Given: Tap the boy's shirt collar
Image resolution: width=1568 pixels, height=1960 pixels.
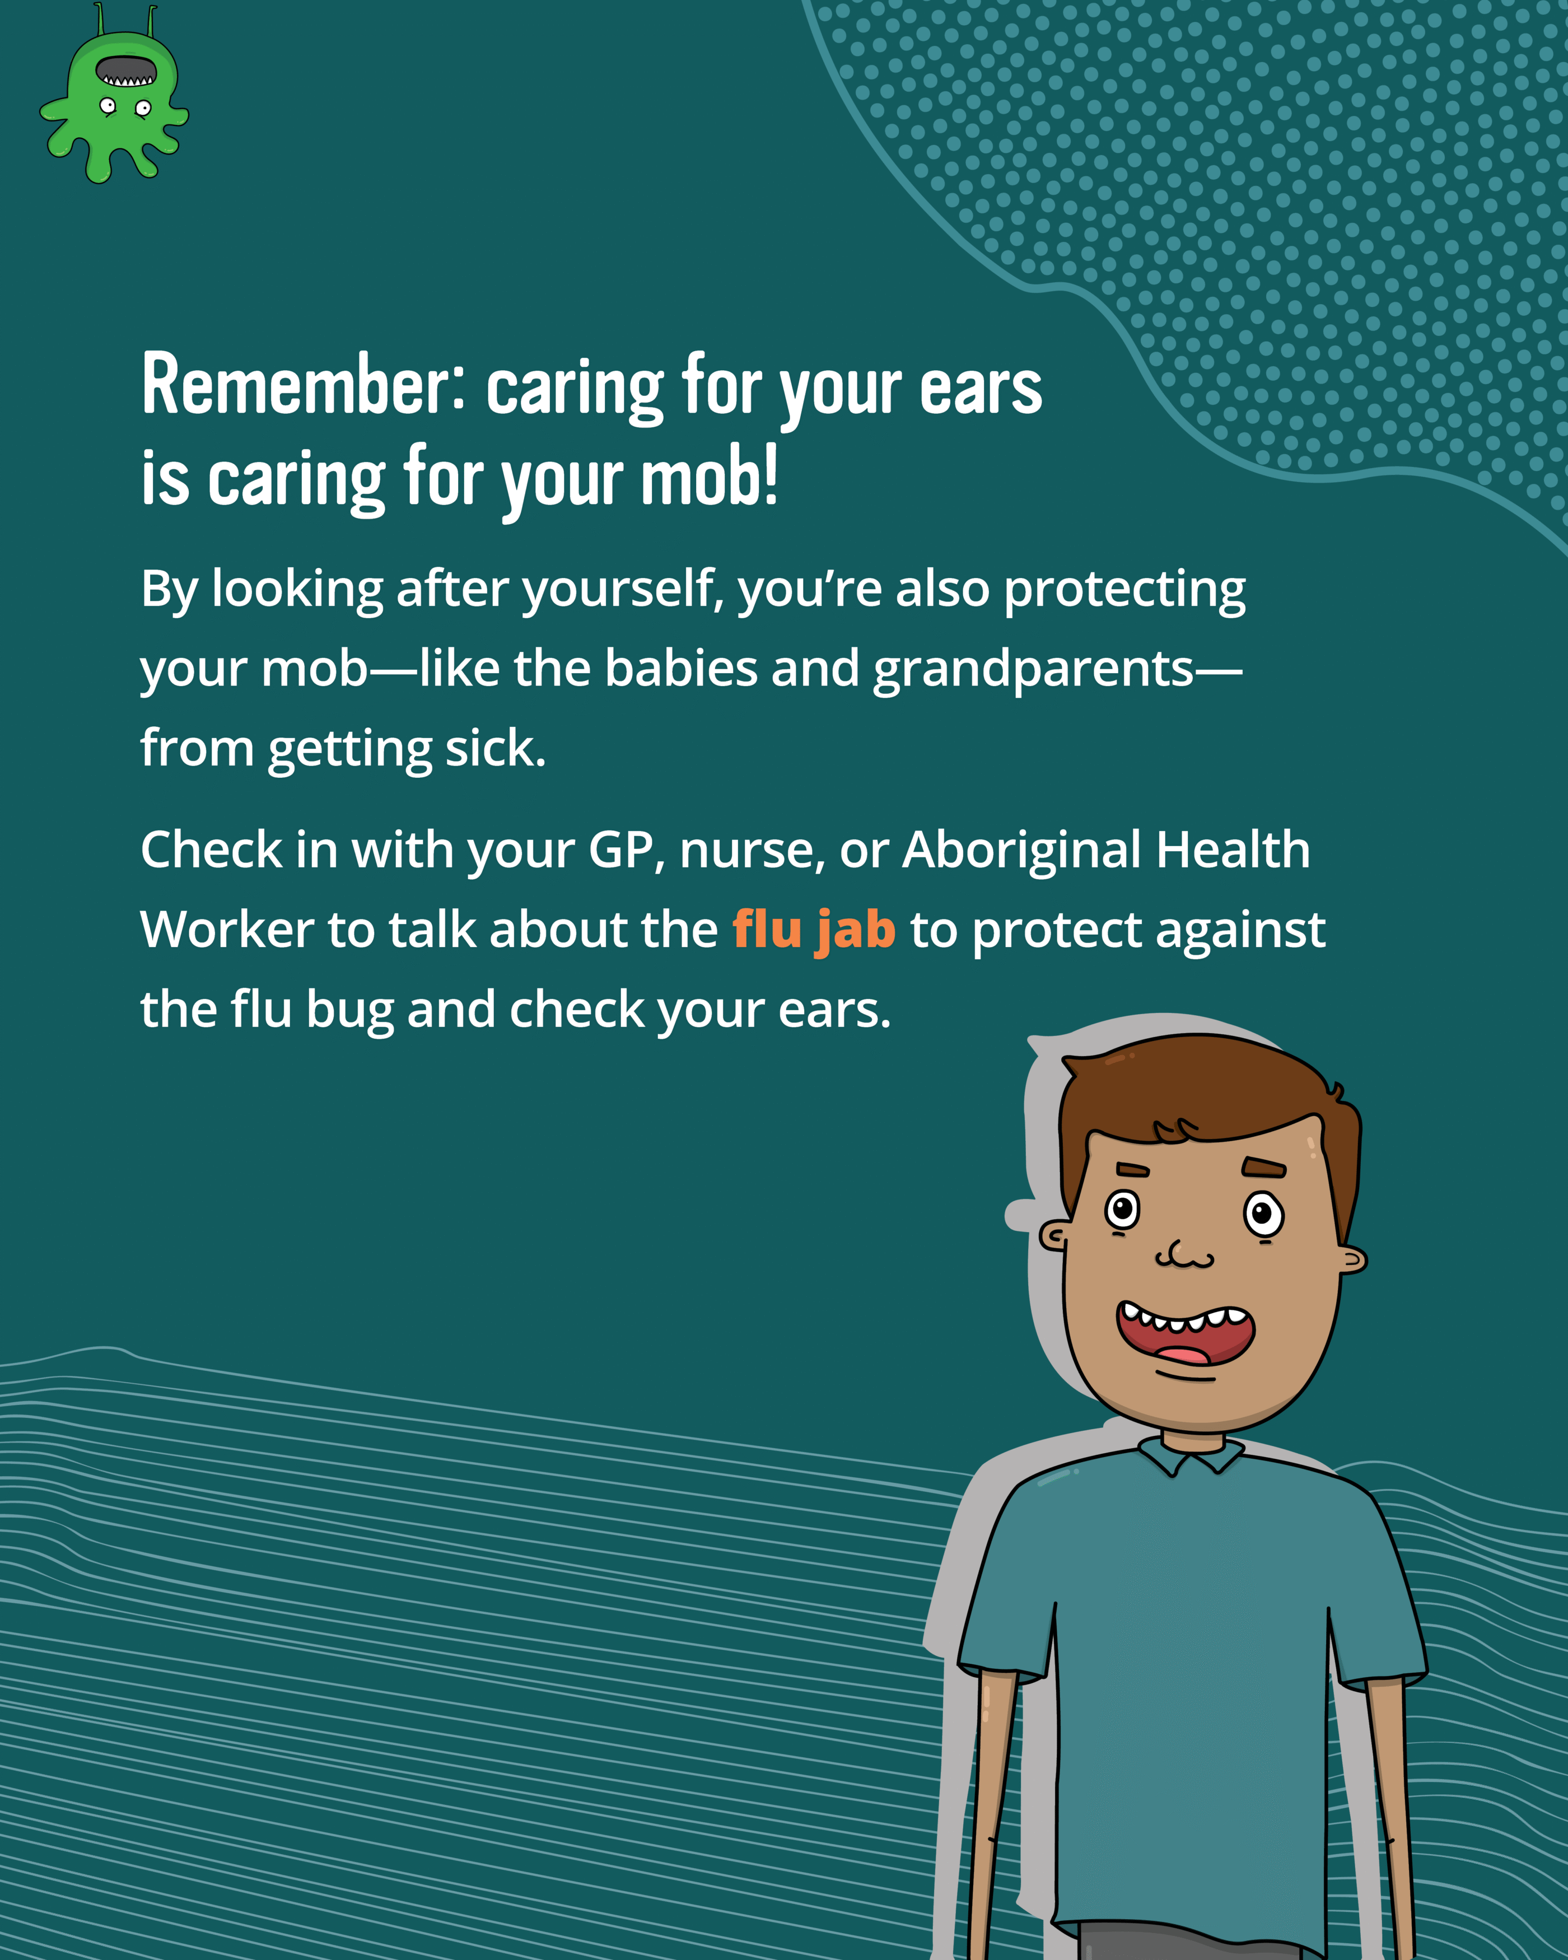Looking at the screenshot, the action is coord(1190,1453).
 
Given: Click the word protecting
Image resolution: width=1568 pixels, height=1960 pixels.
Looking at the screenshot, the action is coord(1124,591).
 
